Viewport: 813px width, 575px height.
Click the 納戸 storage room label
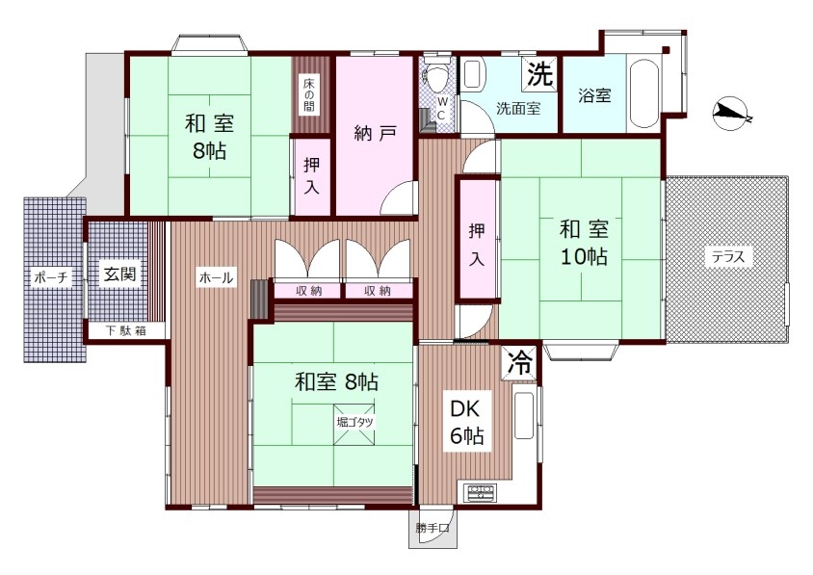pos(376,134)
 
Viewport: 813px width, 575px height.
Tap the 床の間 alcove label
pos(309,95)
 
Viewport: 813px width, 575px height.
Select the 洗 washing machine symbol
pos(539,75)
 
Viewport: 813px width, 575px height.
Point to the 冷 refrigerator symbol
pos(520,362)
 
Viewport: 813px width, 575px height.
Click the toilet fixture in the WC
pos(435,76)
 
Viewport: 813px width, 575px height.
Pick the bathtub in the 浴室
pos(643,96)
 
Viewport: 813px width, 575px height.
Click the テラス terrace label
pos(728,256)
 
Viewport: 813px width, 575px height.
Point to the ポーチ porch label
pos(51,277)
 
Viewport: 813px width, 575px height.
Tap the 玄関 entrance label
pos(119,274)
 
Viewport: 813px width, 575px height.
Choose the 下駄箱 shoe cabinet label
pos(126,330)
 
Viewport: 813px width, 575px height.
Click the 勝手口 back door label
pos(432,529)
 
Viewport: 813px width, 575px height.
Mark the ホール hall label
pos(216,277)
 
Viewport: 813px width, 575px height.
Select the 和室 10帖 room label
pos(584,243)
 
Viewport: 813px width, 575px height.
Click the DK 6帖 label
pos(466,422)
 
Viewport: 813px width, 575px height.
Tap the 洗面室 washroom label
pos(518,109)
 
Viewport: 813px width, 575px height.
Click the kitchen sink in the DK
pos(524,415)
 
